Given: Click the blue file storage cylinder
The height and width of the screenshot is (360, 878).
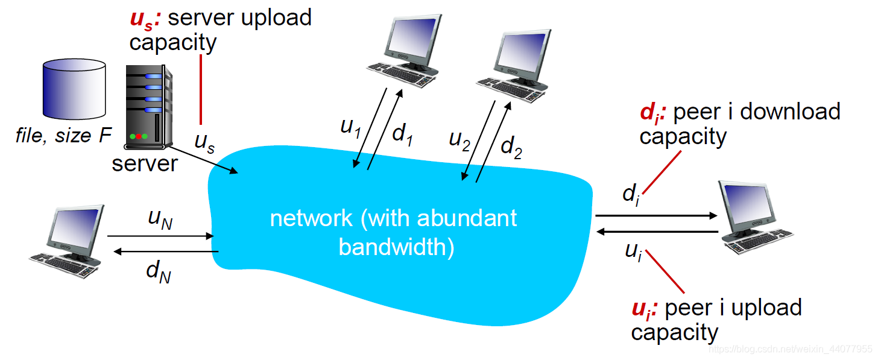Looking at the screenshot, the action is click(74, 89).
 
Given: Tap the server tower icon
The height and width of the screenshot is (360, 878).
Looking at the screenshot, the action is click(148, 107).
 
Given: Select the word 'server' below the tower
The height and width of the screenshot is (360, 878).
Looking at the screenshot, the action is click(145, 163).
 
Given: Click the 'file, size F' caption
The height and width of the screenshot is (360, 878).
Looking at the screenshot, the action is click(63, 136).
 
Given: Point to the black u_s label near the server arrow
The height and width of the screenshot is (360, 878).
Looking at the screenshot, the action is click(204, 143).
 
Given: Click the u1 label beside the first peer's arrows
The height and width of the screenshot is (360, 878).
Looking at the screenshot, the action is click(350, 128).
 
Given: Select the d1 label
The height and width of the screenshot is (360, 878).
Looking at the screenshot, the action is click(403, 134).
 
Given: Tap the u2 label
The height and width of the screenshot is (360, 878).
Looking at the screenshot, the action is click(460, 141).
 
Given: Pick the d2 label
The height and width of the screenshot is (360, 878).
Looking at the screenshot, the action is click(511, 148).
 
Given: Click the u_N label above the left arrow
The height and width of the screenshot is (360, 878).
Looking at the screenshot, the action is click(160, 219).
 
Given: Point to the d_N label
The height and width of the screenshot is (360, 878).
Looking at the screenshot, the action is click(159, 271).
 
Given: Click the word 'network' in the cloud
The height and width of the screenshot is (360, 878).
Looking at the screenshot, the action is click(311, 219).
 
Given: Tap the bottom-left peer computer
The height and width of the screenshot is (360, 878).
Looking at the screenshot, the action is click(66, 241).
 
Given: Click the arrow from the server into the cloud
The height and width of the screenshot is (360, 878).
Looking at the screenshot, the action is click(203, 160).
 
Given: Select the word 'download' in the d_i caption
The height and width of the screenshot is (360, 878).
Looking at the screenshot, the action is click(790, 112).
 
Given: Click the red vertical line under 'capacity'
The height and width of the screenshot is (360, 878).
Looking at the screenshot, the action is click(201, 89).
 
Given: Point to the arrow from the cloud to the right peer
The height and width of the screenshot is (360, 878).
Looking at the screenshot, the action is click(657, 215).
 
